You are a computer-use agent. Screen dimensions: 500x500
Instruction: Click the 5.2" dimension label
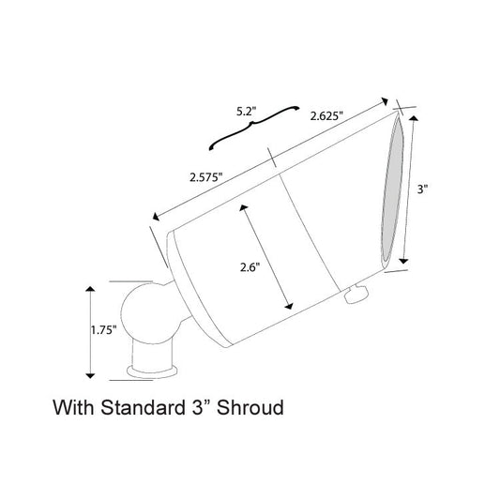[x=246, y=112]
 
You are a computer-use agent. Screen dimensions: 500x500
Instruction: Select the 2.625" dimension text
[x=326, y=115]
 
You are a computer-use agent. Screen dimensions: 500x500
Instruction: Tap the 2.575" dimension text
[x=206, y=177]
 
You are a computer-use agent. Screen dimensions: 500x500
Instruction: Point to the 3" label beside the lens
[x=422, y=189]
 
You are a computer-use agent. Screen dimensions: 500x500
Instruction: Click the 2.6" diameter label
[x=250, y=267]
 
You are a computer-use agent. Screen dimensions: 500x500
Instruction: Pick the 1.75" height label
[x=102, y=330]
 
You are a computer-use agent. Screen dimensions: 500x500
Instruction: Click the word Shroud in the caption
[x=250, y=407]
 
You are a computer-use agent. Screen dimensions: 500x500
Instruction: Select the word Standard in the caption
[x=144, y=407]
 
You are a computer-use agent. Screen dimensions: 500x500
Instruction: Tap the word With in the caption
[x=74, y=407]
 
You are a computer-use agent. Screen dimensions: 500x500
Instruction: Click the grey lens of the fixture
[x=392, y=189]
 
